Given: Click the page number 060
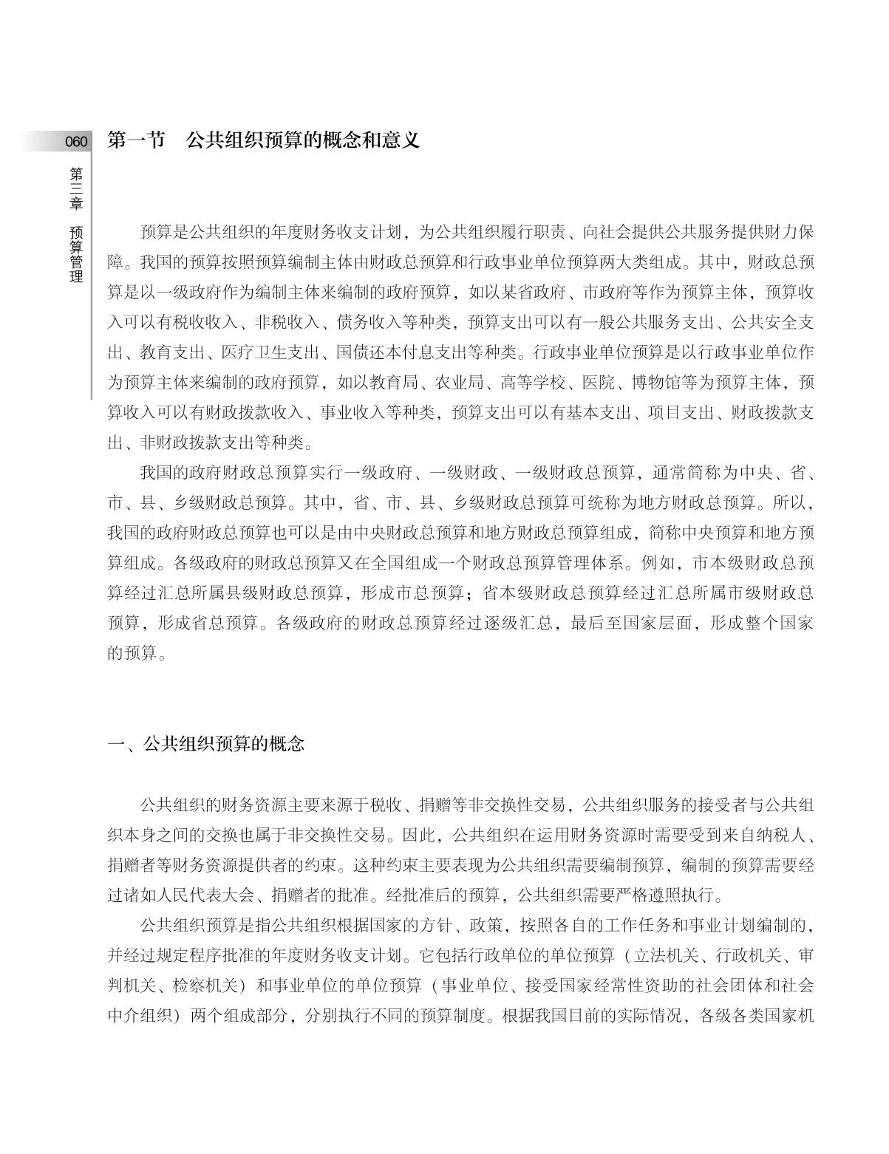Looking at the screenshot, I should [x=75, y=142].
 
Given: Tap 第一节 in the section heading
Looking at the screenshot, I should [x=137, y=140].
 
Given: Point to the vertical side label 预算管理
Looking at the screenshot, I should [x=76, y=255].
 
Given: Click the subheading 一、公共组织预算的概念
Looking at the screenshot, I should [x=206, y=743].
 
